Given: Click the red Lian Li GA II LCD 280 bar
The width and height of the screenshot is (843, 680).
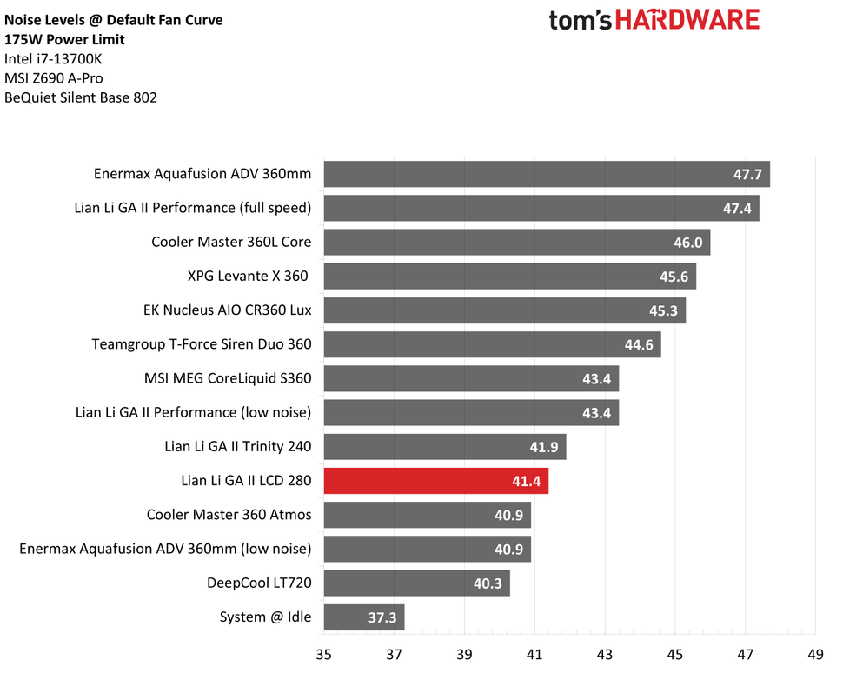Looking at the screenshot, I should [435, 481].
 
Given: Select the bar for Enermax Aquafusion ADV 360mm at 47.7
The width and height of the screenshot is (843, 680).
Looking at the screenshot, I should [547, 175].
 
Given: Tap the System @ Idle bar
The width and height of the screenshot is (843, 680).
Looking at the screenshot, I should [364, 617].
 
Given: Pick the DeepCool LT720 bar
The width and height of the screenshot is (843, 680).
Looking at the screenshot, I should [416, 583].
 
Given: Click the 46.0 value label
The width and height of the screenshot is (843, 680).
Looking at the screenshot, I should [687, 243].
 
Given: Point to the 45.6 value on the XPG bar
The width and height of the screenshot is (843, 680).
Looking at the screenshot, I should [674, 277].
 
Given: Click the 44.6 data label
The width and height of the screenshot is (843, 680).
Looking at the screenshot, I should [639, 344].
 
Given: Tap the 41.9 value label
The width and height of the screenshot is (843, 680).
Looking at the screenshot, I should [544, 447].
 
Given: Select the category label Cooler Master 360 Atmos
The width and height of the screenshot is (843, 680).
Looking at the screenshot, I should [229, 515].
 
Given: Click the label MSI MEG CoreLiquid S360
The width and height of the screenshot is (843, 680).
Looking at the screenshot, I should [228, 378].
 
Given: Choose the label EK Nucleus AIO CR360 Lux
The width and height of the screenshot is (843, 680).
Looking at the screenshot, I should [227, 310].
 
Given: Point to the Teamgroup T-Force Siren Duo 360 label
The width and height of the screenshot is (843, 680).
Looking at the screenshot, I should [202, 344].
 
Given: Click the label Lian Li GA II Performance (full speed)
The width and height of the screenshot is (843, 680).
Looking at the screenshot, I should [193, 209].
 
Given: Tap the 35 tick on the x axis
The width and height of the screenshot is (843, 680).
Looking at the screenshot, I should [324, 656].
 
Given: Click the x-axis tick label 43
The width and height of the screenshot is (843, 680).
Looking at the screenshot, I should [605, 656].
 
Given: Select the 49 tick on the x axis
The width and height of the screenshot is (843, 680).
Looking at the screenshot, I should [815, 656].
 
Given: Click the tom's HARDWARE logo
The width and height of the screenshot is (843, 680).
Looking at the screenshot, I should [654, 20].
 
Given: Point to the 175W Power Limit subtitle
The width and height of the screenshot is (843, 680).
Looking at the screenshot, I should [64, 39].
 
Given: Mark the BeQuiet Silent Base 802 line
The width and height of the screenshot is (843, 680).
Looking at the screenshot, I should [81, 98].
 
